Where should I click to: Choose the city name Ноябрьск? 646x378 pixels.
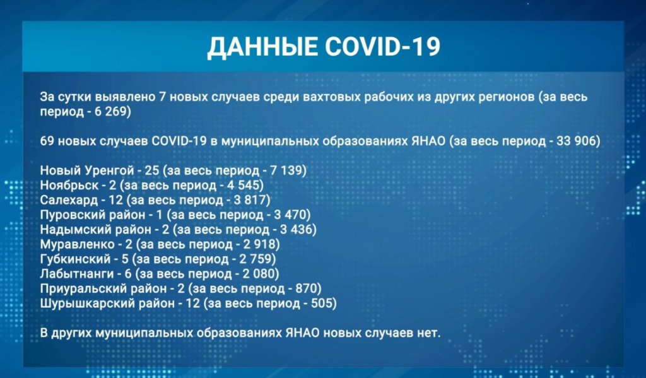coord(68,186)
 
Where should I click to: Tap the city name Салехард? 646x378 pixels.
coord(68,200)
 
